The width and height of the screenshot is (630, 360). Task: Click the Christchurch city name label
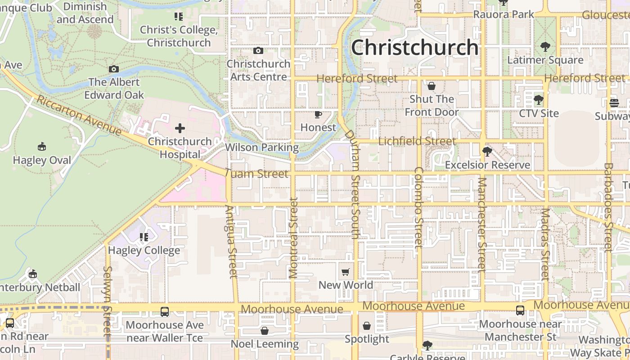click(x=414, y=47)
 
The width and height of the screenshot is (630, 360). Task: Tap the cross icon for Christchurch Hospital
click(x=180, y=128)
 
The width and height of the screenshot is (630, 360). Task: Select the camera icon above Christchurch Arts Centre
click(x=258, y=50)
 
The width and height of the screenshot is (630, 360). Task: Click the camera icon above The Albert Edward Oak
click(x=114, y=69)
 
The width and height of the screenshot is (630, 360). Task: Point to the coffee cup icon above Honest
click(x=318, y=114)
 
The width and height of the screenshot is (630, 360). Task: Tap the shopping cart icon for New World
click(x=346, y=272)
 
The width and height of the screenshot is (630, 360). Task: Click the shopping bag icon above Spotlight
click(x=367, y=326)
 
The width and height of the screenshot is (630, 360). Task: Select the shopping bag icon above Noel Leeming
click(x=265, y=331)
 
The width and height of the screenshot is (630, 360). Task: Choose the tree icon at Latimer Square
click(x=545, y=46)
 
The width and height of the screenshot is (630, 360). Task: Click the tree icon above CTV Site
click(x=538, y=99)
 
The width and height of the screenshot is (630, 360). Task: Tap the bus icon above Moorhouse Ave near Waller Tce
click(x=165, y=311)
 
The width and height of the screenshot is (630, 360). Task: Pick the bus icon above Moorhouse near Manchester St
click(x=520, y=310)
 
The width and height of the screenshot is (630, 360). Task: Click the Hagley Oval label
click(x=42, y=160)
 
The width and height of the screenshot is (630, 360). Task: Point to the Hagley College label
click(x=144, y=250)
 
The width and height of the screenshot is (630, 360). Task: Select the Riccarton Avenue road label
click(x=79, y=115)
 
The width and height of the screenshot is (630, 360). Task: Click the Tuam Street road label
click(x=256, y=174)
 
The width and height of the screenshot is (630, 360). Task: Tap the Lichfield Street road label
click(x=417, y=141)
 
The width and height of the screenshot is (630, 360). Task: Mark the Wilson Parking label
click(x=261, y=147)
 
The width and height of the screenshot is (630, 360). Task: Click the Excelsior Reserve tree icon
click(x=487, y=152)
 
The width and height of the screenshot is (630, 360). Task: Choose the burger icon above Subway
click(x=614, y=103)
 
